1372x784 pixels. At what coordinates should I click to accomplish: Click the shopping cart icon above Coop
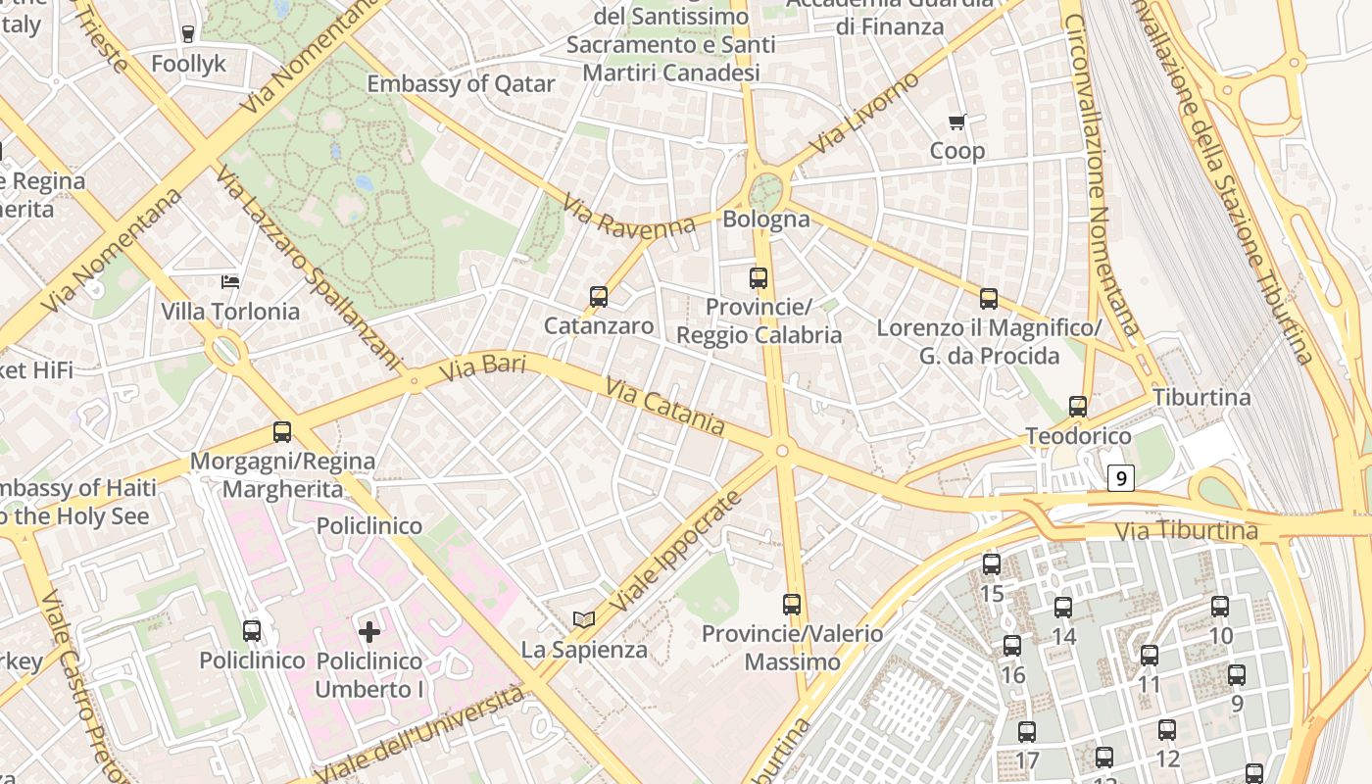coord(957,122)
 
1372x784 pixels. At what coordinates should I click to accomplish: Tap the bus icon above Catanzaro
coord(599,296)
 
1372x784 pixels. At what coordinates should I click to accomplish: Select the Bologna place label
coord(766,219)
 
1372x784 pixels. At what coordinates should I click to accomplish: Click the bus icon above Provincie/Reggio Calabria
coord(759,277)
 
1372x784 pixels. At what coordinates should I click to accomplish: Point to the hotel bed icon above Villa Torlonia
coord(230,282)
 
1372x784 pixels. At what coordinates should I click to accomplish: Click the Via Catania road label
coord(665,406)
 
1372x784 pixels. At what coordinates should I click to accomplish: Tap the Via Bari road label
coord(482,368)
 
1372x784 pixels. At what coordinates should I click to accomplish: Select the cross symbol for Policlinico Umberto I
coord(369,632)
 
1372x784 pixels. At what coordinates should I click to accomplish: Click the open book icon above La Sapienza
coord(584,619)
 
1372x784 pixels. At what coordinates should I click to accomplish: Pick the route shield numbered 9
coord(1121,478)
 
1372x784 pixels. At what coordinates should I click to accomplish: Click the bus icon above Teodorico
coord(1078,406)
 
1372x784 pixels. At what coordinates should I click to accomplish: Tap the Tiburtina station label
coord(1201,397)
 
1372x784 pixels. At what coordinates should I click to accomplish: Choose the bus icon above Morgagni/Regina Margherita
coord(282,431)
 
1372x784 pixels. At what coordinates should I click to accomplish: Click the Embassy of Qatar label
coord(461,84)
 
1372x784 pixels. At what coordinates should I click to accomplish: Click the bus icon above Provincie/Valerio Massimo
coord(792,605)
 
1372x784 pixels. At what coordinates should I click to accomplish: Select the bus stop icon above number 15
coord(992,564)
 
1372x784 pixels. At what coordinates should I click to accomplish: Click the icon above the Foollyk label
coord(188,34)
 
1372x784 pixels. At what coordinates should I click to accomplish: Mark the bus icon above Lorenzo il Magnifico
coord(989,298)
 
